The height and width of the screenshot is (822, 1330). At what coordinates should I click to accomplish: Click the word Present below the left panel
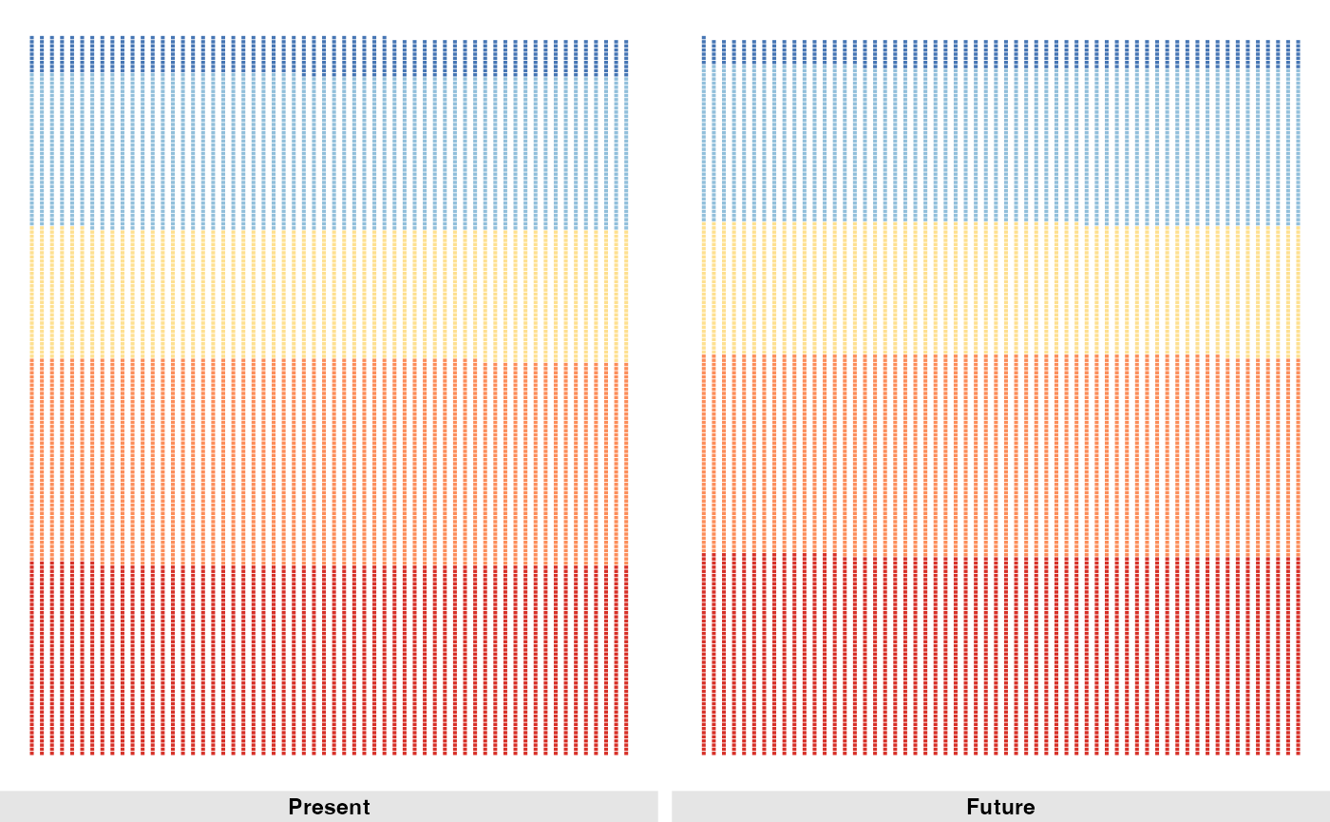click(329, 807)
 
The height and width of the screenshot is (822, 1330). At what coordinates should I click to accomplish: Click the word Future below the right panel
click(1000, 807)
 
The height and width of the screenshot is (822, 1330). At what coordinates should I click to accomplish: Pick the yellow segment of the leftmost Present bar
click(32, 292)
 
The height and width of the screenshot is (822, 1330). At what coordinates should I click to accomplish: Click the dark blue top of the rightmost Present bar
click(626, 58)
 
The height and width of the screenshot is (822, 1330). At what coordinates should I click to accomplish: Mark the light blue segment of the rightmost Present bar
click(626, 153)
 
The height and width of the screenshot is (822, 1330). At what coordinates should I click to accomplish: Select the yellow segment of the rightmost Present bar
click(626, 296)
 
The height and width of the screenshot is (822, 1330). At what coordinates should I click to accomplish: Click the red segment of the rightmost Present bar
click(626, 660)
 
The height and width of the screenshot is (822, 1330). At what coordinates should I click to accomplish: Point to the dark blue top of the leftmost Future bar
click(703, 49)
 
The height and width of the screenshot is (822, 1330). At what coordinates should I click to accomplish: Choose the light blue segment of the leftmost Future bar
click(703, 143)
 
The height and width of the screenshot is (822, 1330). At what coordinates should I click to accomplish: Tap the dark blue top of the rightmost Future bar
click(1298, 53)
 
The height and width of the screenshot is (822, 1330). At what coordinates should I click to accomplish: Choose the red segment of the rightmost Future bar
click(1298, 656)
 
